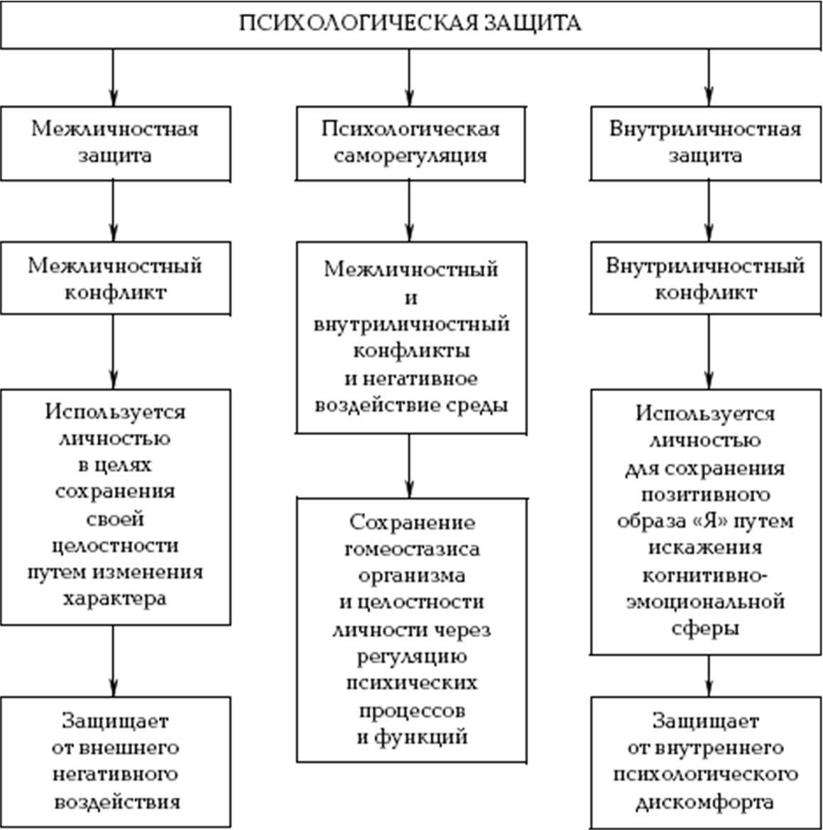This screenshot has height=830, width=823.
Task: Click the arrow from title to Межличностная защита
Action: click(x=113, y=78)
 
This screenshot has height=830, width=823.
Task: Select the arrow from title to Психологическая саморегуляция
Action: click(x=409, y=78)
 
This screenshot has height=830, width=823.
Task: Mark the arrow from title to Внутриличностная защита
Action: click(x=709, y=78)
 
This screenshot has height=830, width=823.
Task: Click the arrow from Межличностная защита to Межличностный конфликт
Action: click(x=113, y=211)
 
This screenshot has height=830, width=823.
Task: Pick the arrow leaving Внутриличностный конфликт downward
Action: click(x=709, y=352)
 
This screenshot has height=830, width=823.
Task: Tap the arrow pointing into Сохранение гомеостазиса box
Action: click(x=409, y=466)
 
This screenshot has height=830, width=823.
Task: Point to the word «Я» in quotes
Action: click(x=709, y=521)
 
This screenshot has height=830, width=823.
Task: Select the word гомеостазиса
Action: click(x=413, y=550)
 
